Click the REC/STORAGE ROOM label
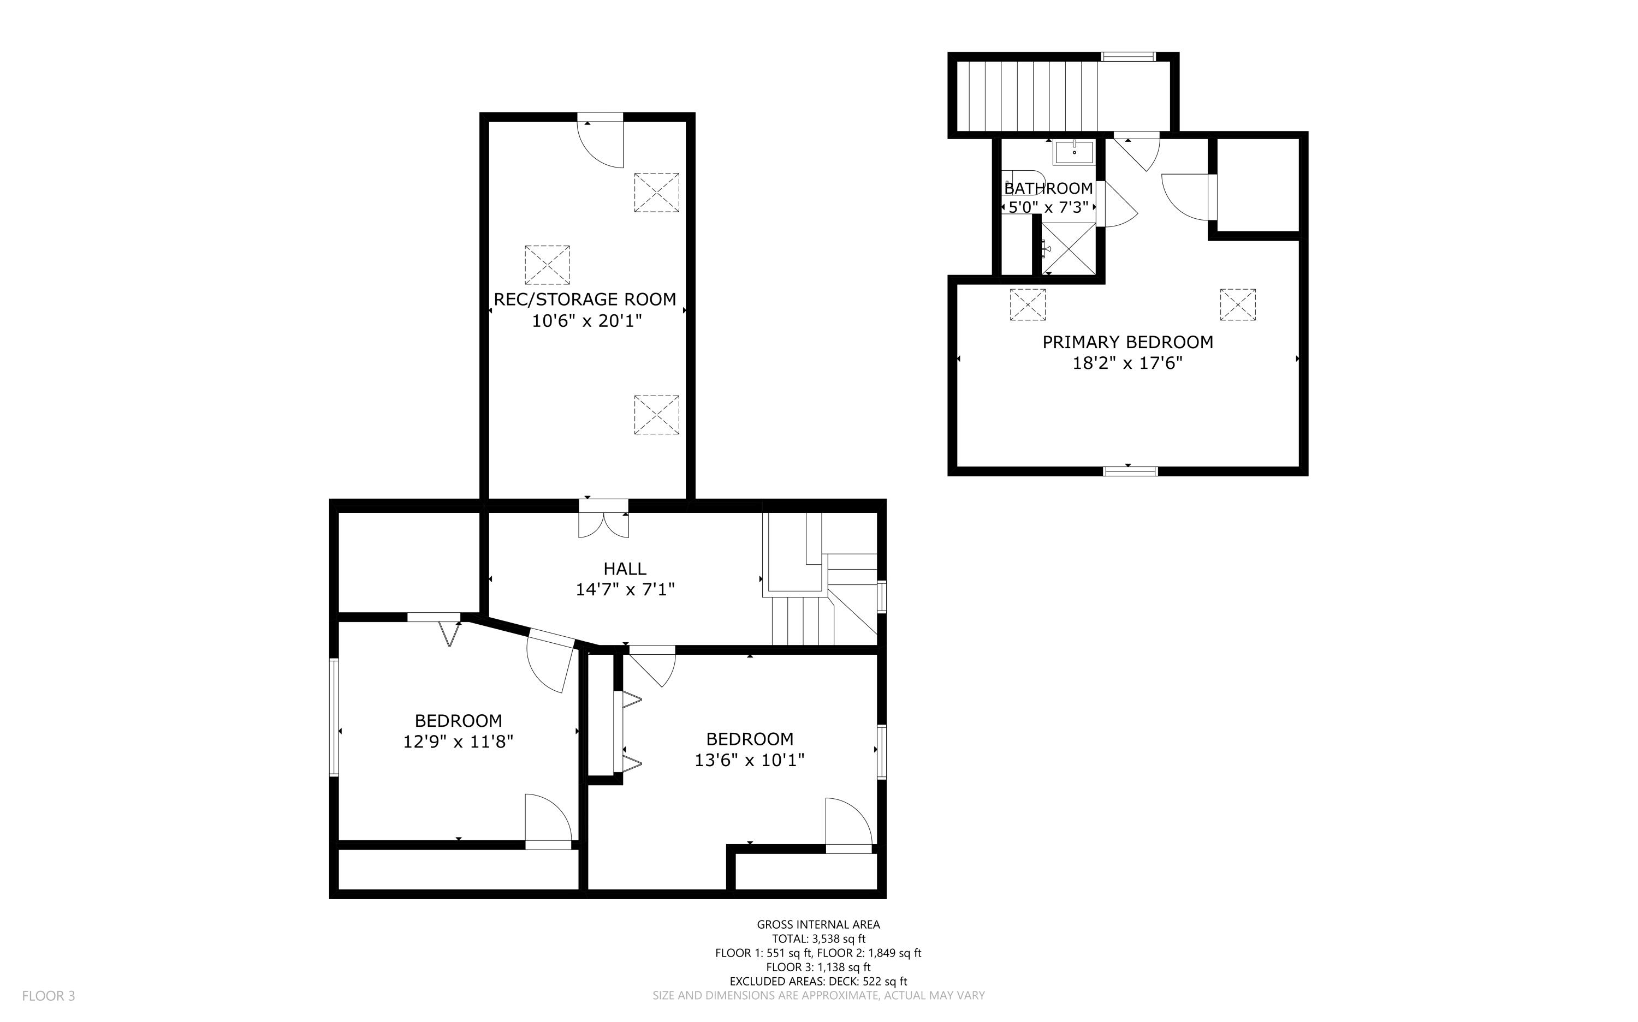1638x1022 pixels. (x=585, y=300)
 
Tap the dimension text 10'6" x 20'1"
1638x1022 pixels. (x=586, y=321)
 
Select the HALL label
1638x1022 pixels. (x=625, y=569)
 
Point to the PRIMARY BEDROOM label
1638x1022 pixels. (x=1127, y=343)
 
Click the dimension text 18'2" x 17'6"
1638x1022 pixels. (x=1127, y=363)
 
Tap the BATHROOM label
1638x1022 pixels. (x=1048, y=189)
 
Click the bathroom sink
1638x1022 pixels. (x=1074, y=153)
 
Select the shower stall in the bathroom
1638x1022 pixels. (x=1068, y=249)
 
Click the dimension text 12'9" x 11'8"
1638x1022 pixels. (x=459, y=742)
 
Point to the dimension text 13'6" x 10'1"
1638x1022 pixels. (x=749, y=761)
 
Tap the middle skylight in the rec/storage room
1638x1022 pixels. (x=547, y=265)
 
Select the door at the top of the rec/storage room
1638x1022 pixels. (x=600, y=142)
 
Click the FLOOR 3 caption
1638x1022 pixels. (x=49, y=996)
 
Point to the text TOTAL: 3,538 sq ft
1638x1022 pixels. (x=818, y=939)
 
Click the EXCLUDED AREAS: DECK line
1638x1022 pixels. (x=818, y=982)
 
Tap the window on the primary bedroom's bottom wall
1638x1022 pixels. (x=1130, y=471)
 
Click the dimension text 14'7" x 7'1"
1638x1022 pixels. (x=625, y=590)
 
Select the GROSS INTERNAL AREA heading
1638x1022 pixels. (x=818, y=925)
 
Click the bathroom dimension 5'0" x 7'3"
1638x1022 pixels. (x=1048, y=207)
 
